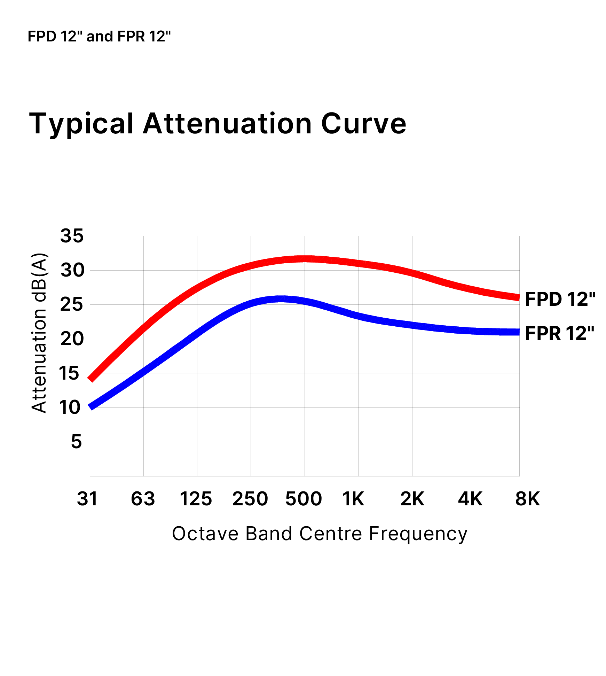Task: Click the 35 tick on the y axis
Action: click(72, 236)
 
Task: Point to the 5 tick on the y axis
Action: click(77, 442)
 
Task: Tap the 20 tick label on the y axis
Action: click(72, 339)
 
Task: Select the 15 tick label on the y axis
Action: click(69, 373)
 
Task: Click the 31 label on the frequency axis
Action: click(87, 499)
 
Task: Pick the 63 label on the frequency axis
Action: click(143, 499)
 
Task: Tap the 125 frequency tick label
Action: click(196, 499)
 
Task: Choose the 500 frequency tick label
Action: click(304, 499)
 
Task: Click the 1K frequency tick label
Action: click(353, 499)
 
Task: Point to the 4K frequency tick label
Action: click(470, 499)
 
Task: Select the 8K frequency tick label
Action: click(527, 499)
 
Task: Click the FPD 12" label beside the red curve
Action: click(560, 300)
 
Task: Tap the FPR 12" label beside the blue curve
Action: click(559, 333)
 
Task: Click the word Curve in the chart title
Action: click(363, 124)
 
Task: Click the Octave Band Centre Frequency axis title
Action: click(320, 534)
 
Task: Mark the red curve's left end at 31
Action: click(91, 378)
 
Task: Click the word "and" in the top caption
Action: click(100, 37)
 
